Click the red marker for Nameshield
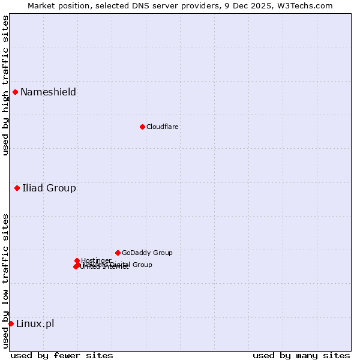pyautogui.click(x=15, y=92)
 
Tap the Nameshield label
pyautogui.click(x=48, y=92)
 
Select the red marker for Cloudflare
pyautogui.click(x=142, y=127)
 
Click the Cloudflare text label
pyautogui.click(x=162, y=127)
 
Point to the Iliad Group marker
pyautogui.click(x=17, y=188)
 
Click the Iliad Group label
pyautogui.click(x=49, y=188)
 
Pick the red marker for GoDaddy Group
pyautogui.click(x=118, y=253)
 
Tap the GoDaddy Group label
pyautogui.click(x=147, y=253)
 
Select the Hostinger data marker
pyautogui.click(x=77, y=260)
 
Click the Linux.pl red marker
pyautogui.click(x=11, y=323)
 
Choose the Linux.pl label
pyautogui.click(x=35, y=324)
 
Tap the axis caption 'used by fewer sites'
pyautogui.click(x=62, y=355)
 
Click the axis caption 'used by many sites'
pyautogui.click(x=301, y=355)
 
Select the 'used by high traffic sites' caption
pyautogui.click(x=5, y=86)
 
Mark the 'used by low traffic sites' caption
pyautogui.click(x=5, y=280)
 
